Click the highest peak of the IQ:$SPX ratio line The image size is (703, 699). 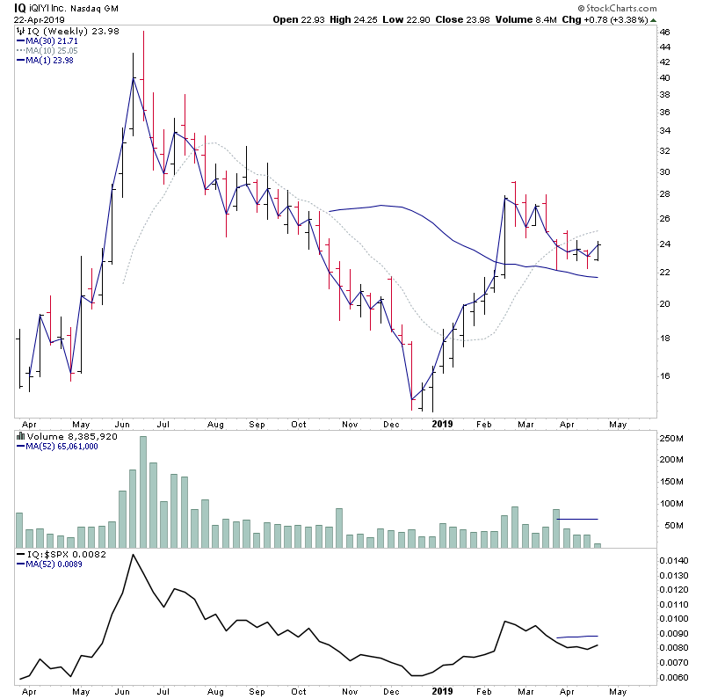pos(133,556)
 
